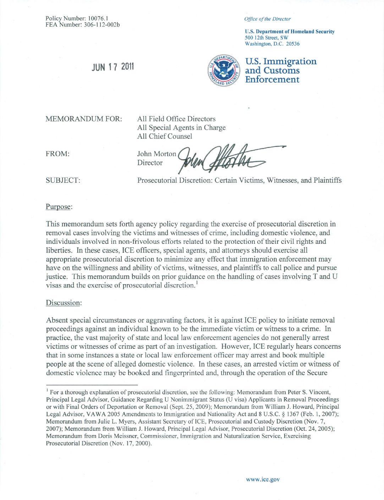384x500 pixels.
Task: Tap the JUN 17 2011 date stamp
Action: click(113, 67)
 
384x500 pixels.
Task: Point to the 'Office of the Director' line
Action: click(267, 19)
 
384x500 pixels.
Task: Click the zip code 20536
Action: click(293, 44)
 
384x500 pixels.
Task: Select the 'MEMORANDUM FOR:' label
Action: click(84, 119)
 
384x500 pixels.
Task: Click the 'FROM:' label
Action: click(57, 154)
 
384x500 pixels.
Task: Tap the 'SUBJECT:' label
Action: click(63, 181)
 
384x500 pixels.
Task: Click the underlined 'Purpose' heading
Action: click(59, 207)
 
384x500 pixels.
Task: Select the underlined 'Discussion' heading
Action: click(63, 303)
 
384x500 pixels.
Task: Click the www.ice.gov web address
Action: click(263, 479)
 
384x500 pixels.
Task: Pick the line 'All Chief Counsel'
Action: click(165, 137)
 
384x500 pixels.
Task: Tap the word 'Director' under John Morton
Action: click(150, 163)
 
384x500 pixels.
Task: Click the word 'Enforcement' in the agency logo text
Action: click(272, 79)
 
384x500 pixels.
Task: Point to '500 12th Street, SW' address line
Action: click(267, 38)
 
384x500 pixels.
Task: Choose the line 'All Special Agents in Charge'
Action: click(181, 128)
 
